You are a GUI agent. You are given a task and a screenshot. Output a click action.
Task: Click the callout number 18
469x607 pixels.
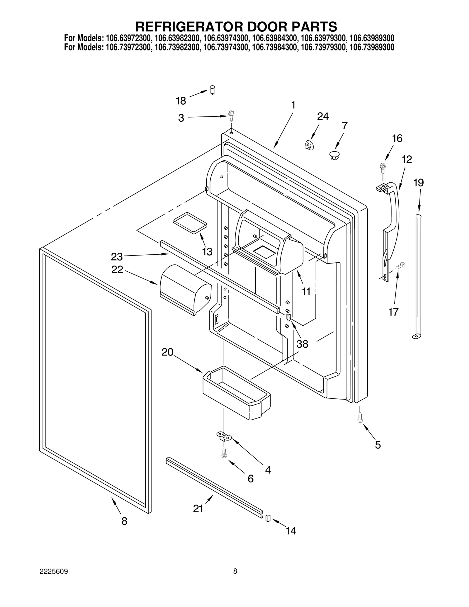(181, 101)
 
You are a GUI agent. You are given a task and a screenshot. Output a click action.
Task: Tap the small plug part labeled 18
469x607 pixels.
(213, 89)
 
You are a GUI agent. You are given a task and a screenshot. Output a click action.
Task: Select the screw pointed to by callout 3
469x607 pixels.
(231, 116)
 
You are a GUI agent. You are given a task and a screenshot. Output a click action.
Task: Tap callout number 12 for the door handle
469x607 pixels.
(407, 159)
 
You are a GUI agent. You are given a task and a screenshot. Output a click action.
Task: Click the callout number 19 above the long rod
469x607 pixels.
(418, 183)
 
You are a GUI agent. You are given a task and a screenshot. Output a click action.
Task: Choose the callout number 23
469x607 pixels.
(116, 257)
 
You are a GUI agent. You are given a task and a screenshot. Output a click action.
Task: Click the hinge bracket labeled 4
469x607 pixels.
(224, 436)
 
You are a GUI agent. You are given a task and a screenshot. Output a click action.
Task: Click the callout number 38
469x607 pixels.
(302, 344)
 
